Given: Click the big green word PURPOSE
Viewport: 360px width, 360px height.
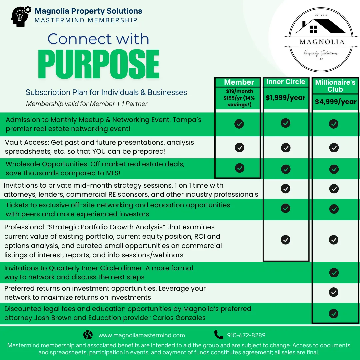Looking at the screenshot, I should (x=98, y=64).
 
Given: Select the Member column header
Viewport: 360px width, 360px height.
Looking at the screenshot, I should (x=239, y=82).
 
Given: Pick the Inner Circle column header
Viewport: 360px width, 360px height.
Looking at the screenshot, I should (x=286, y=82).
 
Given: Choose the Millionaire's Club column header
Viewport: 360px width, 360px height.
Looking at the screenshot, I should (x=335, y=86).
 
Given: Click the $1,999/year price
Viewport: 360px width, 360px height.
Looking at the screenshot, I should (x=286, y=98).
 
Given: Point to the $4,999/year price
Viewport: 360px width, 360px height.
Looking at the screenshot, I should (x=335, y=102).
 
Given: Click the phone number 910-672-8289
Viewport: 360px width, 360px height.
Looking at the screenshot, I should (x=246, y=335).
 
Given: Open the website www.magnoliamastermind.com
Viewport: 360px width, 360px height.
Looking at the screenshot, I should (x=141, y=335).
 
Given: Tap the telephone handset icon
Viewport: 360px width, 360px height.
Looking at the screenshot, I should (x=219, y=335).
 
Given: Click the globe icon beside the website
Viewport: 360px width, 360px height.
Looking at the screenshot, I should (x=88, y=335).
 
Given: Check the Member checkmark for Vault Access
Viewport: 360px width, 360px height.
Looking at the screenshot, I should (x=239, y=147).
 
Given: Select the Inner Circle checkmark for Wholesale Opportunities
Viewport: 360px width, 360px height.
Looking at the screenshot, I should (x=286, y=169).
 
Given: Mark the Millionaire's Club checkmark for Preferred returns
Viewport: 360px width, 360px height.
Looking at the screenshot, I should (x=334, y=292).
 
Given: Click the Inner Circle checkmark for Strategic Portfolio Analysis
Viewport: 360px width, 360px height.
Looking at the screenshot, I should (x=285, y=240).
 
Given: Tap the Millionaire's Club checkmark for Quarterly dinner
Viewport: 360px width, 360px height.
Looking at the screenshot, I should (x=334, y=273).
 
